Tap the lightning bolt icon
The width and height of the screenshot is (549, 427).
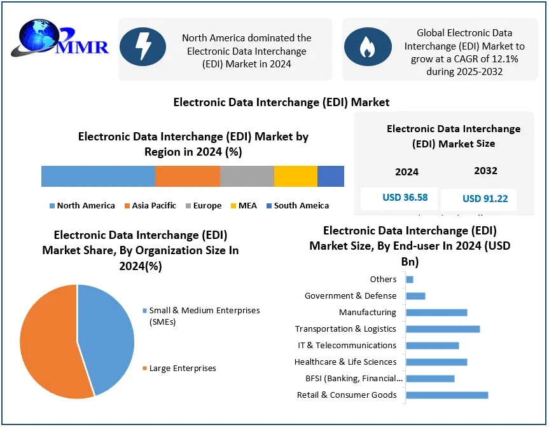(x=143, y=46)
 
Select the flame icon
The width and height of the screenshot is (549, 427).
(x=367, y=46)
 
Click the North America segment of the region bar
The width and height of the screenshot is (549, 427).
(x=98, y=176)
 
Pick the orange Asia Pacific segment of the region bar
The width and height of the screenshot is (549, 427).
(x=188, y=176)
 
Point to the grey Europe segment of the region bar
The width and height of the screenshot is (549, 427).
(x=247, y=176)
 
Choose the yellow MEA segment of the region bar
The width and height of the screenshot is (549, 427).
(x=296, y=176)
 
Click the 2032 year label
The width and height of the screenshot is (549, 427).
(x=485, y=171)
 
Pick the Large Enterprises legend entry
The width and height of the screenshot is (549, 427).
(x=182, y=369)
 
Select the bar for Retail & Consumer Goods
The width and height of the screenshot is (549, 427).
(x=447, y=395)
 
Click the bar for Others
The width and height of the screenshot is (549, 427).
(x=410, y=280)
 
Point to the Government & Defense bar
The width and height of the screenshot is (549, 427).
(x=415, y=296)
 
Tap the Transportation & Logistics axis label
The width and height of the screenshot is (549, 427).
(x=345, y=329)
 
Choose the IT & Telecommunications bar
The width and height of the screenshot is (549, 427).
(x=432, y=346)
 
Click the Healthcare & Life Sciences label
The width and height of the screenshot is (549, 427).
(x=345, y=362)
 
